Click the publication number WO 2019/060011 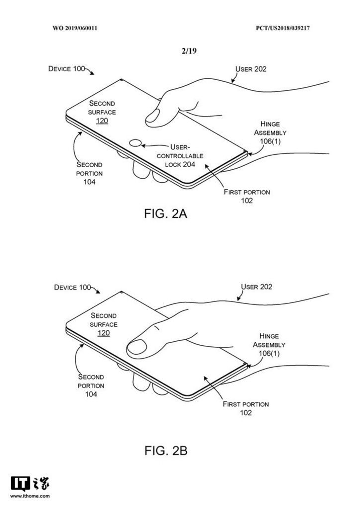pos(75,28)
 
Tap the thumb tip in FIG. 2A pos(152,117)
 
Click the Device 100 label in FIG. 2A pos(67,69)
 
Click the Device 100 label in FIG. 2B pos(73,287)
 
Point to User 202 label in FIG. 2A pos(251,69)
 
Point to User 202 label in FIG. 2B pos(257,287)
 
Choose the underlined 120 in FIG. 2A pos(102,121)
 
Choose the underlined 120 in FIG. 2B pos(103,333)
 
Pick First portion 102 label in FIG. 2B pos(246,408)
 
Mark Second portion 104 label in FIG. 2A pos(90,173)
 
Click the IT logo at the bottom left pos(20,484)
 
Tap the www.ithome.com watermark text pos(29,496)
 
